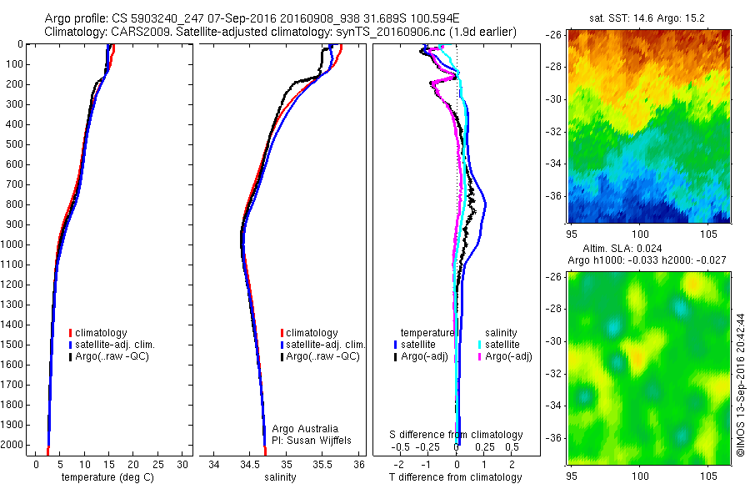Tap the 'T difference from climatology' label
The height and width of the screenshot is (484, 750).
pos(457,477)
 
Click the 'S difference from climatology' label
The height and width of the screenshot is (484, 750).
pos(457,435)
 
